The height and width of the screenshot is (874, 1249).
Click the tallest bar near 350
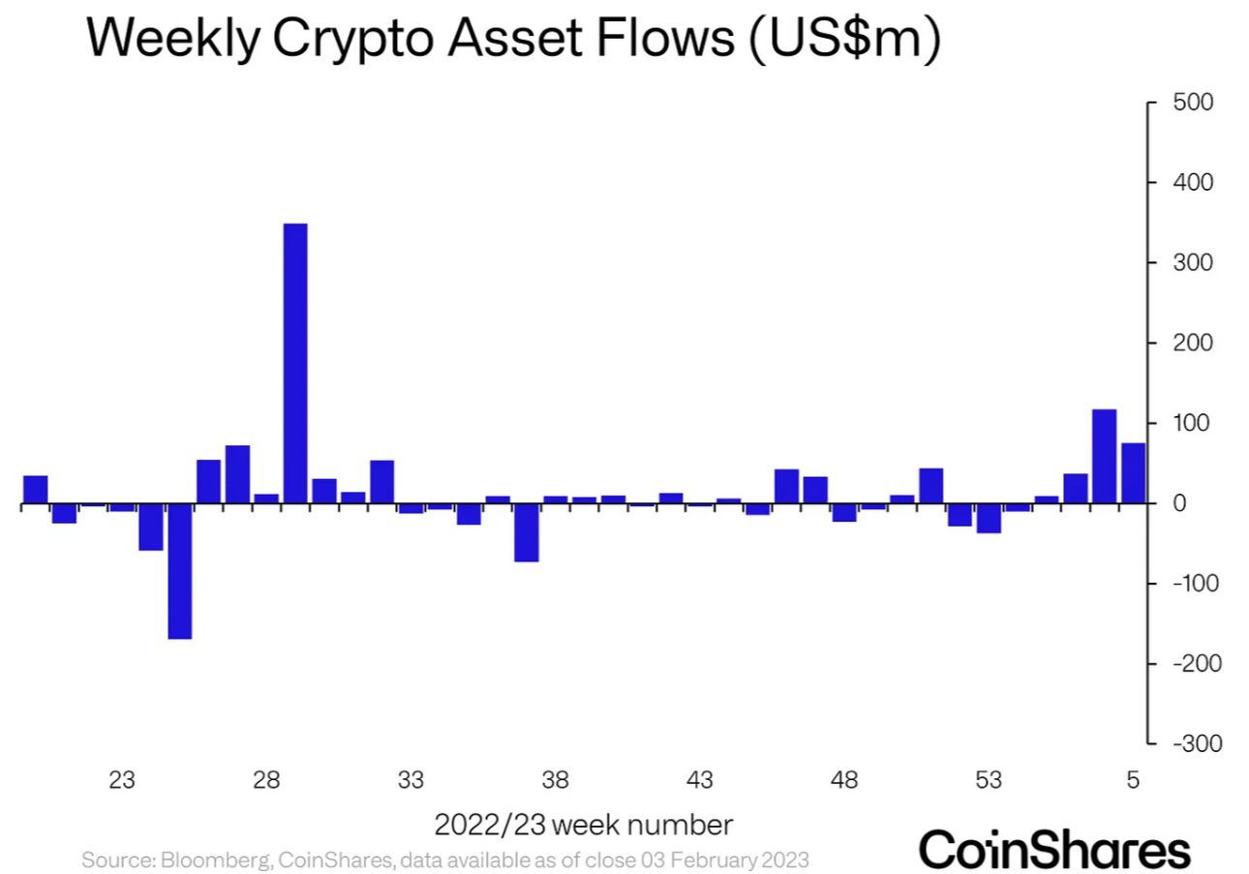(x=295, y=363)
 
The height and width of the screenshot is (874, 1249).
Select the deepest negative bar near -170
(x=180, y=571)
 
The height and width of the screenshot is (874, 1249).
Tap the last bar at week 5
(x=1133, y=473)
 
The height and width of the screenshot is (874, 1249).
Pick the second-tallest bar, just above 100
(x=1104, y=456)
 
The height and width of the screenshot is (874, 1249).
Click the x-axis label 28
(x=267, y=780)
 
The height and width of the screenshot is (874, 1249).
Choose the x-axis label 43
(x=700, y=780)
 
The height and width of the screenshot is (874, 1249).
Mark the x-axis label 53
(x=989, y=780)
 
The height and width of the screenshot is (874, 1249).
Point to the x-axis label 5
(x=1134, y=780)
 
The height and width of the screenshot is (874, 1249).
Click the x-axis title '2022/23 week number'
(x=583, y=826)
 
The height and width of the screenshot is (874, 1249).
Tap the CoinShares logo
(x=1054, y=849)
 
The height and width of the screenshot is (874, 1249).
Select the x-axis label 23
(x=122, y=780)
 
